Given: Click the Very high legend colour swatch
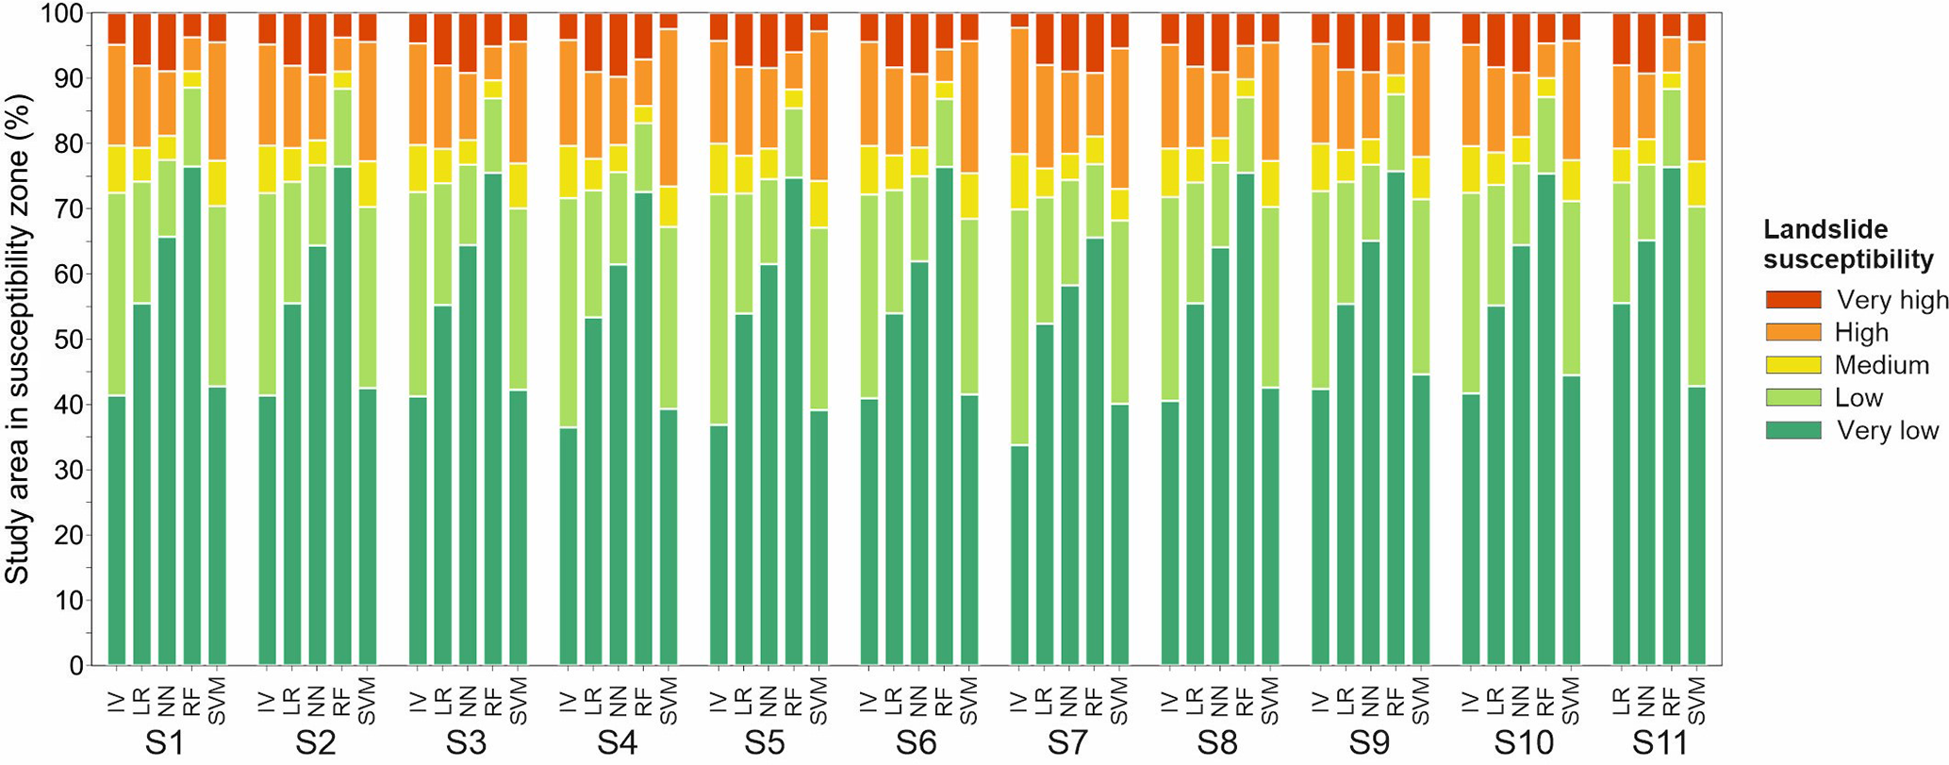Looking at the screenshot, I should (1792, 300).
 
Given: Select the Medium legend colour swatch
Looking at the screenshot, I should (1792, 365).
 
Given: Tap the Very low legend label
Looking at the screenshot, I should (1887, 431).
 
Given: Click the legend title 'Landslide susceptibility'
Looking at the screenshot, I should (1847, 244).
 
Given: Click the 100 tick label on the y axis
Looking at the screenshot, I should (61, 14).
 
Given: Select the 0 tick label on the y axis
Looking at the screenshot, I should (74, 666).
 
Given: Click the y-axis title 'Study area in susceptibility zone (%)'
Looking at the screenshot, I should (18, 340).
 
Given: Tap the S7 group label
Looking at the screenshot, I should (1067, 743).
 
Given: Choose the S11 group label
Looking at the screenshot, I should (1659, 743).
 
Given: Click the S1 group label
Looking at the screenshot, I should (165, 743).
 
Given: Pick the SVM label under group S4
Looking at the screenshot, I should (669, 701).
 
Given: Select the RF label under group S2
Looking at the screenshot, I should (342, 701).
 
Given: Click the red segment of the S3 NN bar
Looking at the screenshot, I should (467, 42).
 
